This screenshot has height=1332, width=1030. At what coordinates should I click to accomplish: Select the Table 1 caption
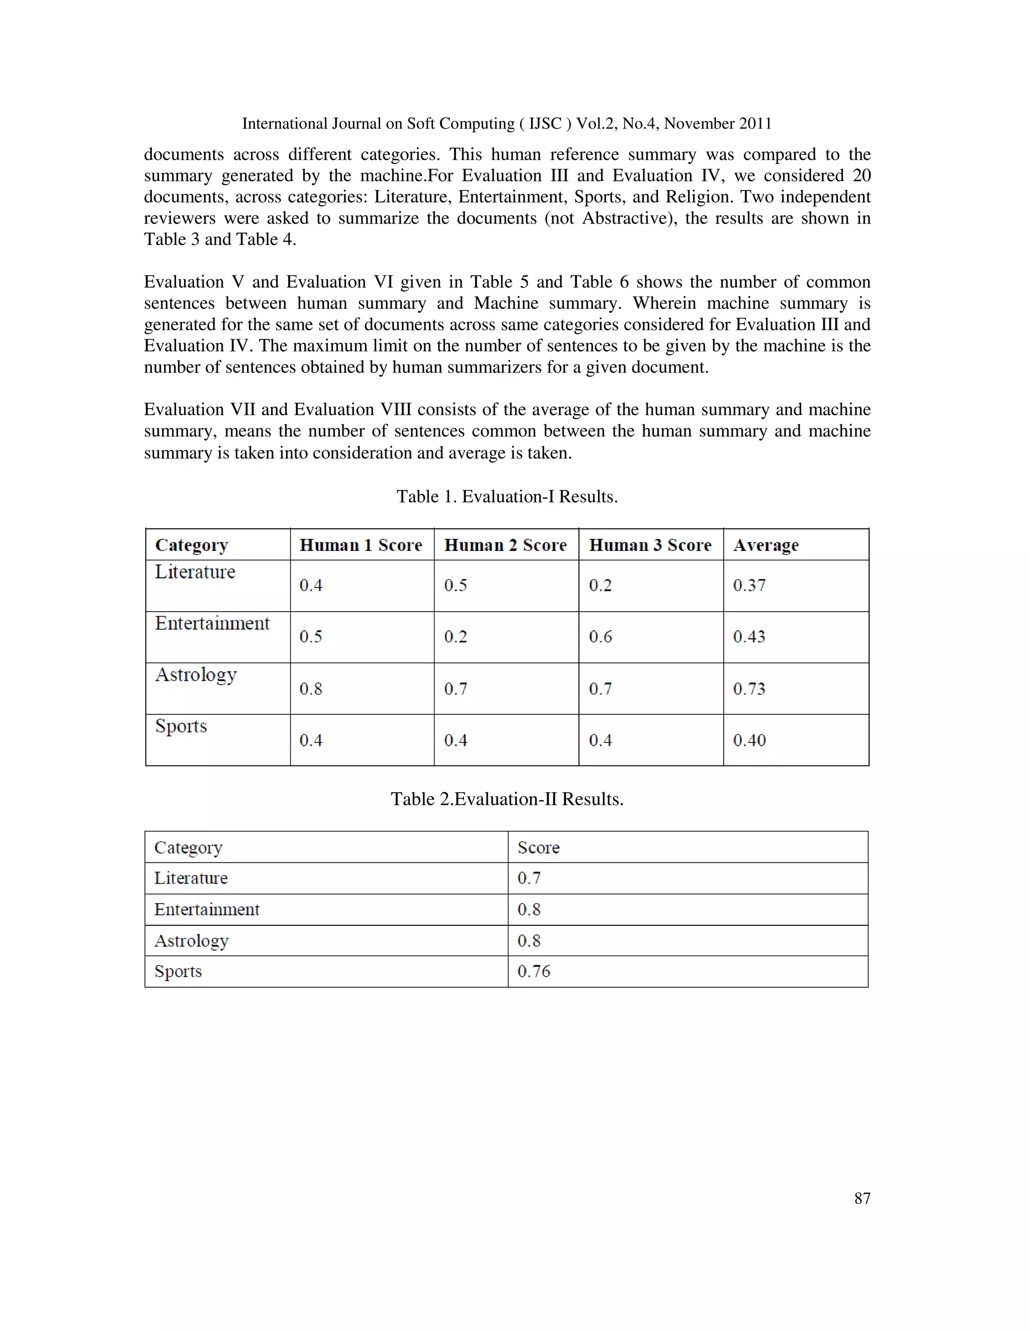tap(507, 497)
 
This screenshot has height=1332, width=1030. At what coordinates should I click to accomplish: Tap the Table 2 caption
tap(507, 799)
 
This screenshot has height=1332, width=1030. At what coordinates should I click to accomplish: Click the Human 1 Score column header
tap(361, 545)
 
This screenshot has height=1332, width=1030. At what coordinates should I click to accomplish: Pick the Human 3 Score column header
tap(650, 545)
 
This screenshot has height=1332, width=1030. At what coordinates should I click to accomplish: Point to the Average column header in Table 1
tap(766, 545)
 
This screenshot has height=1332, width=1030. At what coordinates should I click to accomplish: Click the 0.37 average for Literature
tap(749, 586)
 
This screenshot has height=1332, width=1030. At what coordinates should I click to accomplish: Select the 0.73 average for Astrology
tap(749, 689)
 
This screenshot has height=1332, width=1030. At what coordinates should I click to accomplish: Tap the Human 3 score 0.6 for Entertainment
tap(600, 637)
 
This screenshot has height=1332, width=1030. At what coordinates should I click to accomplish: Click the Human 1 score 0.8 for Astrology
tap(311, 689)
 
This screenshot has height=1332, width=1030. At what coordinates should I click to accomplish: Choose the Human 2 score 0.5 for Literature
tap(455, 586)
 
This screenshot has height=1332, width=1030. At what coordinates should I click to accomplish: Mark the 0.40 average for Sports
tap(749, 740)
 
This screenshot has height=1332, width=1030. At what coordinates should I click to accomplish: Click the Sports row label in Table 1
tap(181, 726)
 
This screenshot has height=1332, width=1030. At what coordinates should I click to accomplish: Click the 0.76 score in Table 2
tap(534, 971)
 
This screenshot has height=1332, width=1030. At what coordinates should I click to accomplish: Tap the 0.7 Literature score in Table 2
tap(529, 878)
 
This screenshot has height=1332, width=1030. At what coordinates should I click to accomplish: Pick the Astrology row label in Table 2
tap(191, 940)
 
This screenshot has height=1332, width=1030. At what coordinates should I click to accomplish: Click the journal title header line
tap(507, 124)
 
